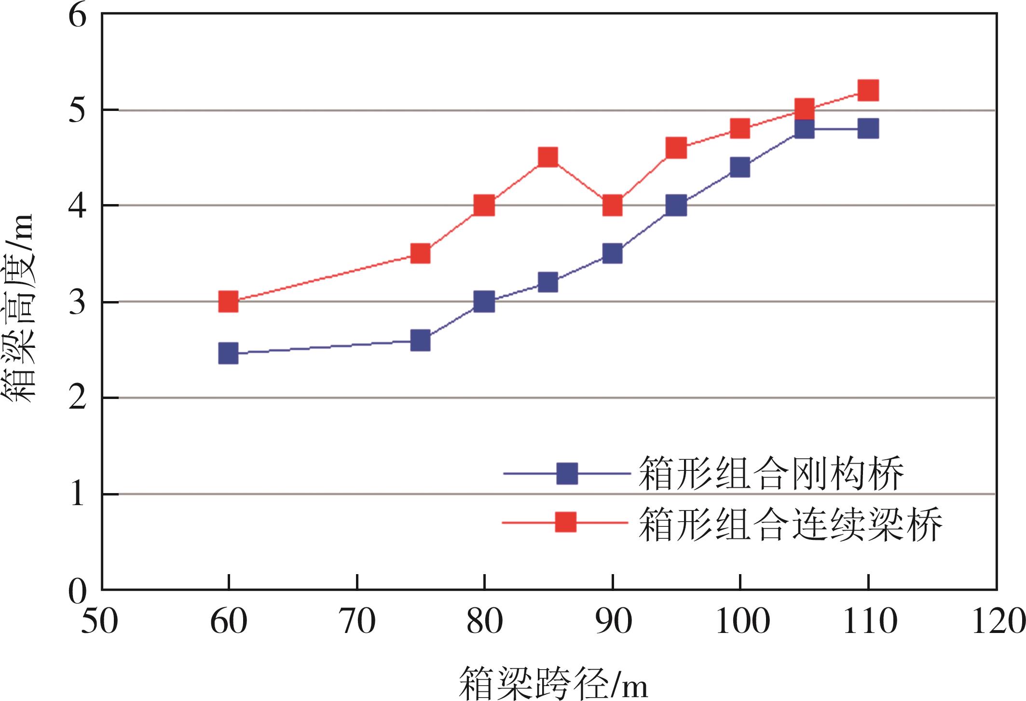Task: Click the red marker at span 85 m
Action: coord(548,158)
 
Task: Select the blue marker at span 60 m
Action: coord(228,354)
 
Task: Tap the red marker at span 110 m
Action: coord(868,91)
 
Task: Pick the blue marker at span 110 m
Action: coord(868,129)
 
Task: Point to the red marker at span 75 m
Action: coord(420,253)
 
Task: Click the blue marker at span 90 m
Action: coord(613,253)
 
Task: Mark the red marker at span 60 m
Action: coord(228,302)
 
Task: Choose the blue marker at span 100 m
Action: coord(740,167)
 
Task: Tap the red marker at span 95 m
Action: coord(676,148)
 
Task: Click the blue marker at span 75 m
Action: coord(420,341)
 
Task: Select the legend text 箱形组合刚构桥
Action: coord(771,473)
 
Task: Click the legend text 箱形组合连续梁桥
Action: coord(790,524)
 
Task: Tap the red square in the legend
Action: coord(565,522)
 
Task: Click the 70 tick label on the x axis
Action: coord(357,622)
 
